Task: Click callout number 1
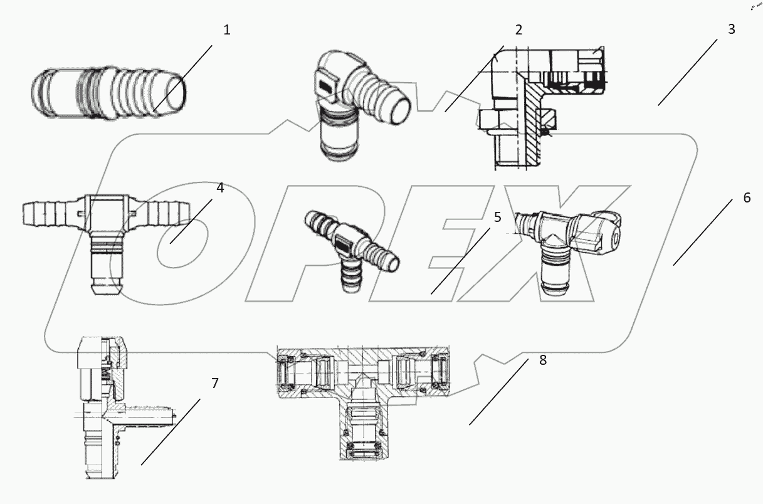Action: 227,30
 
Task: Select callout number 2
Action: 518,30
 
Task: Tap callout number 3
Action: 731,29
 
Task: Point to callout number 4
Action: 220,187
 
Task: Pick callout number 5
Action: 497,218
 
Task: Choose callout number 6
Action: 747,198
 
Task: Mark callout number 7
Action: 214,383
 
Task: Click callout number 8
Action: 542,360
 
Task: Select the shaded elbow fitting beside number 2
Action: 354,107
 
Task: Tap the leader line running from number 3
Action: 688,72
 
